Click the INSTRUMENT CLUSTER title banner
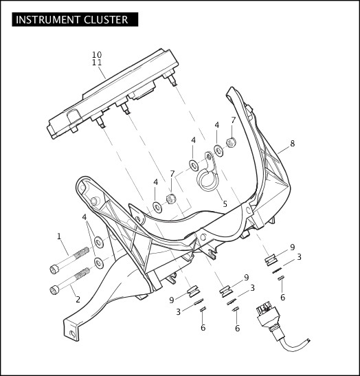pyautogui.click(x=75, y=19)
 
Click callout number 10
pyautogui.click(x=97, y=55)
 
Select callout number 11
pyautogui.click(x=97, y=63)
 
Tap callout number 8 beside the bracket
pyautogui.click(x=293, y=144)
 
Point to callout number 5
pyautogui.click(x=225, y=204)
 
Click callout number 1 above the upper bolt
pyautogui.click(x=59, y=236)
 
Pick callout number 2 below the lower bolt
pyautogui.click(x=78, y=300)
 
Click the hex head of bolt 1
pyautogui.click(x=54, y=269)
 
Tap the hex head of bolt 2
pyautogui.click(x=54, y=289)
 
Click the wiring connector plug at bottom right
pyautogui.click(x=268, y=316)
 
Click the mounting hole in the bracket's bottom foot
pyautogui.click(x=71, y=333)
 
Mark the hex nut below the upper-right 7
pyautogui.click(x=232, y=143)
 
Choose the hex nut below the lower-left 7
pyautogui.click(x=171, y=199)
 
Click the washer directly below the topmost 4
pyautogui.click(x=218, y=151)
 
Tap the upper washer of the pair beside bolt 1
pyautogui.click(x=99, y=242)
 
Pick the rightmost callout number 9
pyautogui.click(x=293, y=247)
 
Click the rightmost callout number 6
pyautogui.click(x=283, y=298)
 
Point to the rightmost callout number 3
pyautogui.click(x=299, y=257)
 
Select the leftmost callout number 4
pyautogui.click(x=84, y=217)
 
